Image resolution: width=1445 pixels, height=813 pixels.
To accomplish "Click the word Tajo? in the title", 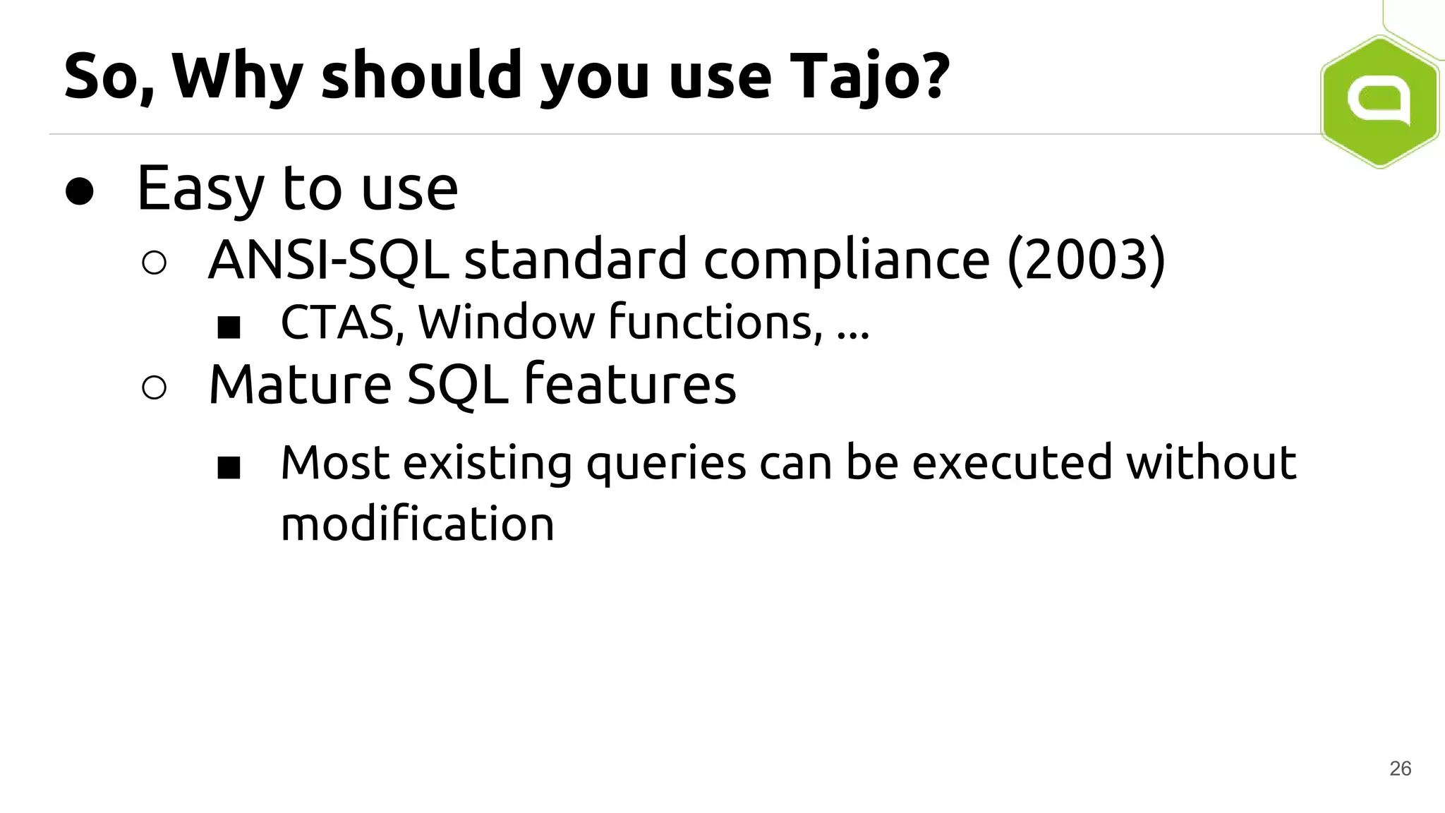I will click(869, 76).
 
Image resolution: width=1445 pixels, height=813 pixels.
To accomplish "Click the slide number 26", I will click(1400, 769).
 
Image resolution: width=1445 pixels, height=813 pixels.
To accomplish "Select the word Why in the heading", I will click(237, 76).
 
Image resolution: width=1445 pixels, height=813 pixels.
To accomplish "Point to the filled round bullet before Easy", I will click(79, 191).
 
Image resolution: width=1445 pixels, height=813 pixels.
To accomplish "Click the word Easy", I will click(201, 189).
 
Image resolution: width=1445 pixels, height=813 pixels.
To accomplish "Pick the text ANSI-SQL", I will click(328, 260).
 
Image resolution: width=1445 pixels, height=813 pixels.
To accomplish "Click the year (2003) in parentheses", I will click(1086, 260).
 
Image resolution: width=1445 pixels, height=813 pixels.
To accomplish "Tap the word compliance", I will click(847, 260).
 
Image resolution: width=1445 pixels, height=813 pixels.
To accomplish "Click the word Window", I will click(507, 323).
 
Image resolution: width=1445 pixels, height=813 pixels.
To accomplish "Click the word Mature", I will click(300, 385).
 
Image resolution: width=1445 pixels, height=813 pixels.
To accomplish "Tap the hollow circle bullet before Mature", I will click(154, 387).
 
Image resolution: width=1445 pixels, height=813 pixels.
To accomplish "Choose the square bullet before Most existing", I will click(229, 467).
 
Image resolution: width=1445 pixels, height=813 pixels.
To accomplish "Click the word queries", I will click(666, 464).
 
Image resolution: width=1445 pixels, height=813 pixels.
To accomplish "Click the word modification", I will click(417, 524).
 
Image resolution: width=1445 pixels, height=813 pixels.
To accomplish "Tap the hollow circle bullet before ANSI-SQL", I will click(154, 263).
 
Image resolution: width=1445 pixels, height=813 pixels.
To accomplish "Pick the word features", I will click(630, 385).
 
